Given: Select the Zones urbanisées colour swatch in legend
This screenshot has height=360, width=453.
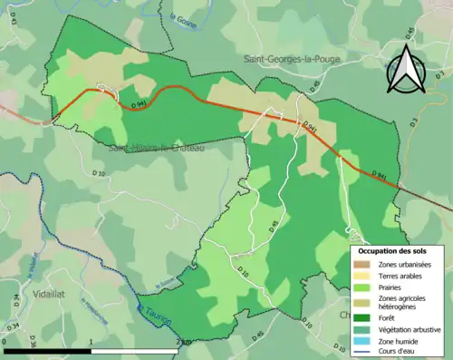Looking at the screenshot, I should click(x=361, y=263).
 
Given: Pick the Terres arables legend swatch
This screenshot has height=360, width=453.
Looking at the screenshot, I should click(x=361, y=275).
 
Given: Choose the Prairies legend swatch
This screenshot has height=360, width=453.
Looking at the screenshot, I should click(x=361, y=287).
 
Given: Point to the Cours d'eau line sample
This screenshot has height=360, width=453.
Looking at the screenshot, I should click(x=361, y=352).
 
